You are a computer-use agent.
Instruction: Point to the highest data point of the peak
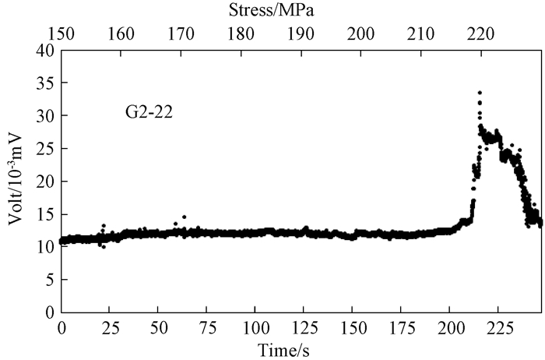pyautogui.click(x=480, y=93)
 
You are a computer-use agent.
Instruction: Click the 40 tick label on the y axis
pyautogui.click(x=46, y=51)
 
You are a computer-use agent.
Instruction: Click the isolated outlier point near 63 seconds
pyautogui.click(x=184, y=217)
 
